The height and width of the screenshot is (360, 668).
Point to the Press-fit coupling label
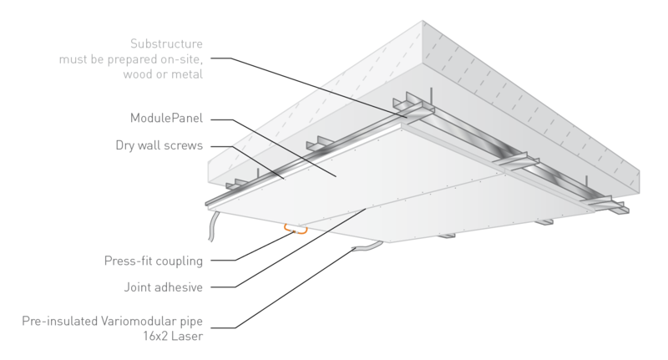154,261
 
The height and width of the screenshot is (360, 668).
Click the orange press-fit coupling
294,227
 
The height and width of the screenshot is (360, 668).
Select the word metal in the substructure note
187,74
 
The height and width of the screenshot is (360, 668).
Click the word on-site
184,58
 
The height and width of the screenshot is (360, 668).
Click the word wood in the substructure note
137,74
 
